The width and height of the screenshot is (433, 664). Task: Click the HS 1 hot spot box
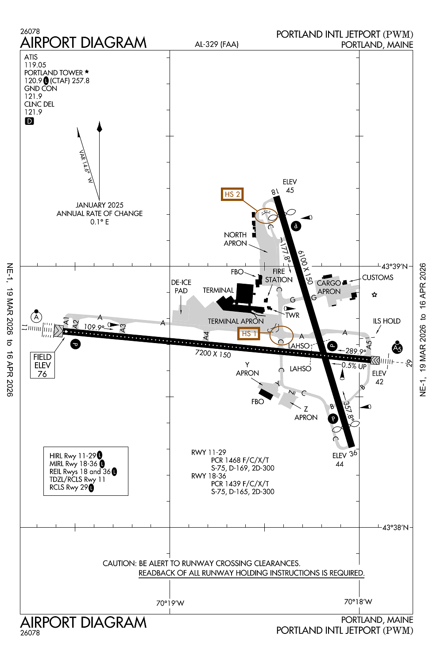click(248, 333)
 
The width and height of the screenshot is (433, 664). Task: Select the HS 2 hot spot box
click(232, 194)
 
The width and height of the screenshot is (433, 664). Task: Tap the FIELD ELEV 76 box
click(43, 365)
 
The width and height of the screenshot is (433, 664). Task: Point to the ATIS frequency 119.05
click(35, 65)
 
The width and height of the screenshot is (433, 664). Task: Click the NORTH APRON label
click(235, 239)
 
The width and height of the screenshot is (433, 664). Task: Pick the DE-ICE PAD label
click(181, 286)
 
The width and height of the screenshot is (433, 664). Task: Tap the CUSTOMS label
click(378, 278)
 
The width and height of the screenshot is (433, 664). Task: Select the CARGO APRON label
click(329, 287)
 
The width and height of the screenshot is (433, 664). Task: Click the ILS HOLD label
click(387, 321)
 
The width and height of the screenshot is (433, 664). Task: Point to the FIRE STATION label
click(279, 275)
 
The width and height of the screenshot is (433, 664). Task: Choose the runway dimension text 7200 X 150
click(213, 354)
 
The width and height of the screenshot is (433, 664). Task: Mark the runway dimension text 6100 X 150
click(305, 267)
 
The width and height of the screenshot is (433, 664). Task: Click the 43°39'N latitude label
click(394, 266)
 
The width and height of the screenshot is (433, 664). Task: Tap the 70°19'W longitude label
click(170, 603)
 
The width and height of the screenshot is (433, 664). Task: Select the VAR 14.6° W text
click(85, 167)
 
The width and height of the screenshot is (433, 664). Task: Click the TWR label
click(292, 315)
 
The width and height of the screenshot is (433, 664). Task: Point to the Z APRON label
click(306, 413)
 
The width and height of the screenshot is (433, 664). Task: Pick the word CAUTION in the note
click(120, 564)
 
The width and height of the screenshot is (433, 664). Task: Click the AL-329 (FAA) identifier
click(216, 44)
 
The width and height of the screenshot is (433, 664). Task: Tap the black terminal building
click(244, 293)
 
